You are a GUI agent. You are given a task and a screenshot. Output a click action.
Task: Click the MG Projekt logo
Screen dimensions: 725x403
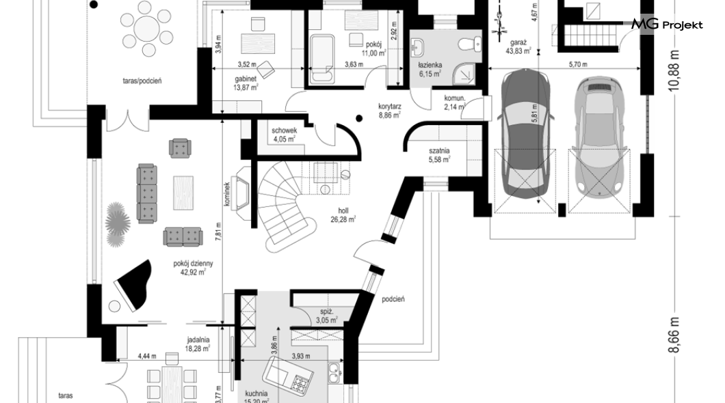(667, 25)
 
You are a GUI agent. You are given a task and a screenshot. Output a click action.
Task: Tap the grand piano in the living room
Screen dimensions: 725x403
(133, 286)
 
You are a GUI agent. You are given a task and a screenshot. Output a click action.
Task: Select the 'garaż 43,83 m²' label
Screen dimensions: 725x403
(518, 47)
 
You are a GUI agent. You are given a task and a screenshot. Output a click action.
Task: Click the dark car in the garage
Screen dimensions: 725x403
(526, 134)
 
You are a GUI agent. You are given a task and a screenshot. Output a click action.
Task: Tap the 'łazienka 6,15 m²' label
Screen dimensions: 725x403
(430, 69)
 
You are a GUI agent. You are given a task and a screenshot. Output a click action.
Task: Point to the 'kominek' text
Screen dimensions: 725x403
(227, 193)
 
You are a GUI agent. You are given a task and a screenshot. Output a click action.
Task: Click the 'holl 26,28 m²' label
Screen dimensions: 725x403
(343, 215)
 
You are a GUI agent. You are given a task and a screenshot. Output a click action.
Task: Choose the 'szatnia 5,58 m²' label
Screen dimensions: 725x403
(439, 155)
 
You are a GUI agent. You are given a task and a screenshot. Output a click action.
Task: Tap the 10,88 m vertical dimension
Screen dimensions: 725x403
(674, 70)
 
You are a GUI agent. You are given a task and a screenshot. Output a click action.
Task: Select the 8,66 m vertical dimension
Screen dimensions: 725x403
(674, 335)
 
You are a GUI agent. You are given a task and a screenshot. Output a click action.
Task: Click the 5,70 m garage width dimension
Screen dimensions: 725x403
(578, 65)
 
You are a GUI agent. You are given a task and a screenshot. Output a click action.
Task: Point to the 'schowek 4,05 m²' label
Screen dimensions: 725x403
(284, 135)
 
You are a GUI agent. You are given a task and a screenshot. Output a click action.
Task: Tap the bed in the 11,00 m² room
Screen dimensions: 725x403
(322, 59)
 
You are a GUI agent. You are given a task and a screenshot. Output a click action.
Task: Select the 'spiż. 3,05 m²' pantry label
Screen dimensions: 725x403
(327, 316)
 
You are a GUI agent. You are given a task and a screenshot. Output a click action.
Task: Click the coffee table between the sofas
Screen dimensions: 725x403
(183, 193)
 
